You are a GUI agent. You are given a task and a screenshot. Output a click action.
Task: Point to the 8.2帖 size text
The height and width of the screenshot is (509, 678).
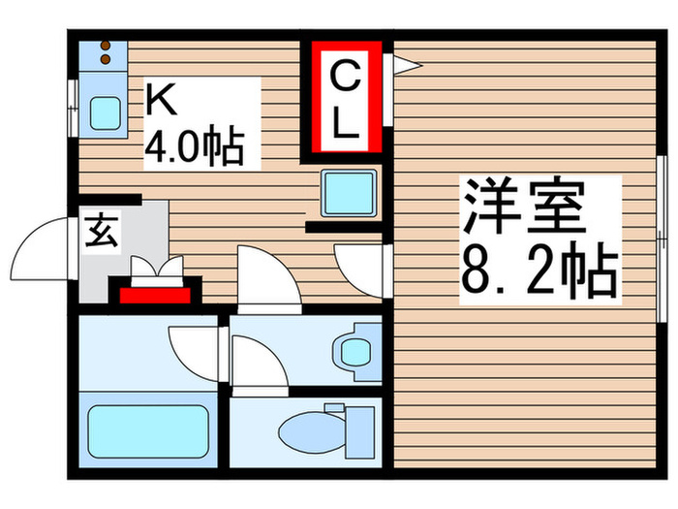(x=539, y=274)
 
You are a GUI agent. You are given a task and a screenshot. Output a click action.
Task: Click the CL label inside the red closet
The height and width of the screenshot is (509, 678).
(x=346, y=98)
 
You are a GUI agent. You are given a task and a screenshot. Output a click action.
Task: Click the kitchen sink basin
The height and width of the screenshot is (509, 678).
(x=104, y=113)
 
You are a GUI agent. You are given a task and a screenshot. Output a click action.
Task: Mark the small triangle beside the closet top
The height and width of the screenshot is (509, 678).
(x=405, y=65)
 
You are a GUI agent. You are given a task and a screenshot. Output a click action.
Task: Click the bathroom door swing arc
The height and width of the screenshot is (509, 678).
(x=193, y=346)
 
